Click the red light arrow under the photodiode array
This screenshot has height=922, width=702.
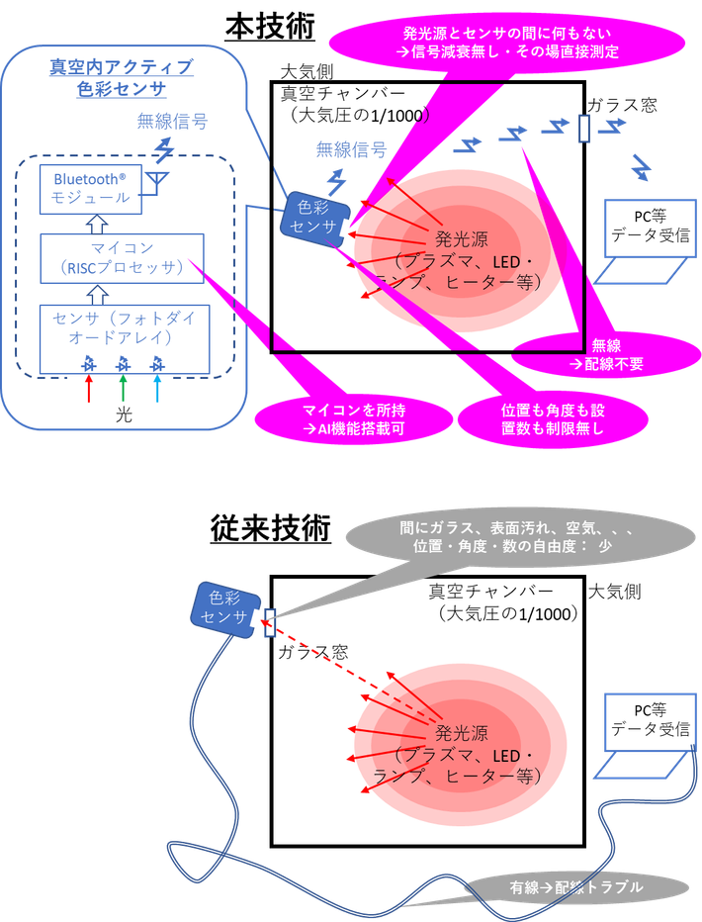pos(88,385)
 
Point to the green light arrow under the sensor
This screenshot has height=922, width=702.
pos(123,385)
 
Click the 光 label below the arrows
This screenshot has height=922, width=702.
pos(123,416)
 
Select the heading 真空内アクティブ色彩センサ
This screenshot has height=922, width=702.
pos(122,78)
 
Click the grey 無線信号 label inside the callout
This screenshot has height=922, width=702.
pos(173,122)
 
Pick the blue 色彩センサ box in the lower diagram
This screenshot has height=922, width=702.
pos(226,608)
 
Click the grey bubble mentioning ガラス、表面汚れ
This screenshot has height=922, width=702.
pos(504,538)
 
